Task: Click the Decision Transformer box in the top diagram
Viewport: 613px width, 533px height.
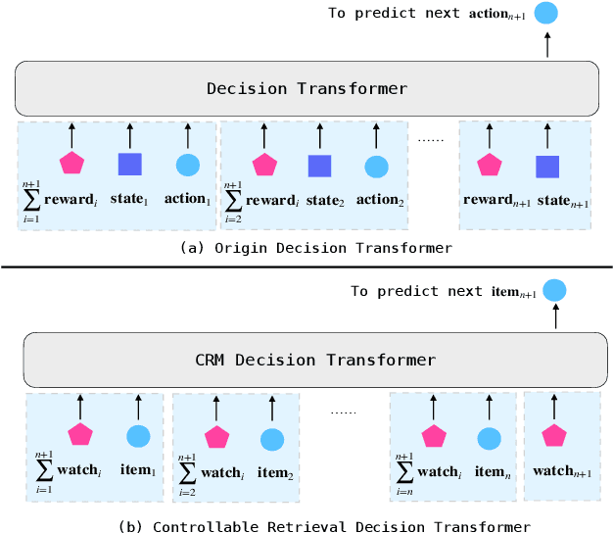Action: coord(306,88)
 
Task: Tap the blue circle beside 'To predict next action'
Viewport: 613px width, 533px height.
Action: coord(545,14)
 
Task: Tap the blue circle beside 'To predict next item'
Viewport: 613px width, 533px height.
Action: coord(555,290)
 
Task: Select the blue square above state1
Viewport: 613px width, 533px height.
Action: coord(129,166)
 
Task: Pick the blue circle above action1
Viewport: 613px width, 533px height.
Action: coord(187,166)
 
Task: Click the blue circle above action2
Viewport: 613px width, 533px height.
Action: coord(376,167)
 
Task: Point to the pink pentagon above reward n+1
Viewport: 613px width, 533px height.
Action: coord(489,166)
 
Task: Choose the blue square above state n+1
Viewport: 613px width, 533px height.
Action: coord(547,166)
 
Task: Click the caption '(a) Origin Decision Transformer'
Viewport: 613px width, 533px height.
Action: coord(316,248)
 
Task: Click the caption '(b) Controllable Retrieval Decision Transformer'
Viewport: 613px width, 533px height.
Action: coord(324,525)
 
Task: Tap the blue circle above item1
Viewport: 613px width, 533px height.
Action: coord(138,437)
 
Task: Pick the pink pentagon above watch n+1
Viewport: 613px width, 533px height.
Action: coord(554,437)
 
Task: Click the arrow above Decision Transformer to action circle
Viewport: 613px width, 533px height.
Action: coord(546,45)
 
